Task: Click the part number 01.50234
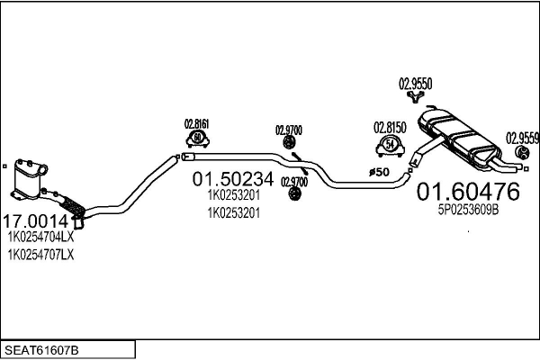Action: (x=233, y=179)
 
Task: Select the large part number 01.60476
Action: (x=468, y=192)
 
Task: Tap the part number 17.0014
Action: (x=40, y=221)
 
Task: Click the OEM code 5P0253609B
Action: (x=468, y=210)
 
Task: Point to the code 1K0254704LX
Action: (x=41, y=237)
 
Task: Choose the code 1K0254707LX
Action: (x=41, y=255)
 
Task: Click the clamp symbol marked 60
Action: (x=197, y=139)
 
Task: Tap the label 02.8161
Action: (x=196, y=124)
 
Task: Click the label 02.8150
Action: (x=390, y=128)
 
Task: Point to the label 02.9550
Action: (x=415, y=84)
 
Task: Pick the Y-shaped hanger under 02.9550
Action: (x=415, y=97)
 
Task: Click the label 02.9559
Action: (x=522, y=139)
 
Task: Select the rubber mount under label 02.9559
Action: (x=522, y=153)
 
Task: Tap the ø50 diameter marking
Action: (x=379, y=172)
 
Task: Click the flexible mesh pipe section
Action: (x=72, y=206)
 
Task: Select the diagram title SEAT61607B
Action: (x=41, y=350)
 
